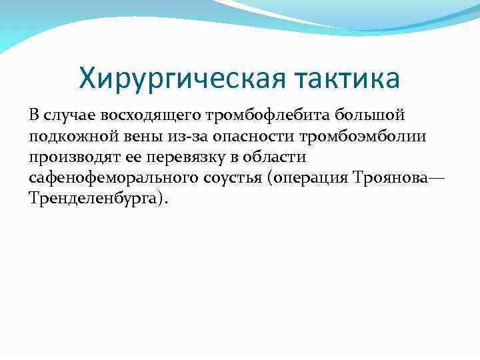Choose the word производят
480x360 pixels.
pyautogui.click(x=74, y=157)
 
